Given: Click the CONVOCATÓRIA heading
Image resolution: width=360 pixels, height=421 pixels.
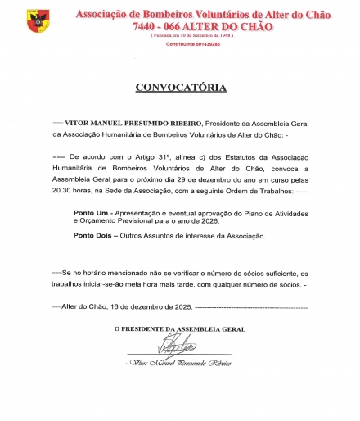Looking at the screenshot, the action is coord(180,87).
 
